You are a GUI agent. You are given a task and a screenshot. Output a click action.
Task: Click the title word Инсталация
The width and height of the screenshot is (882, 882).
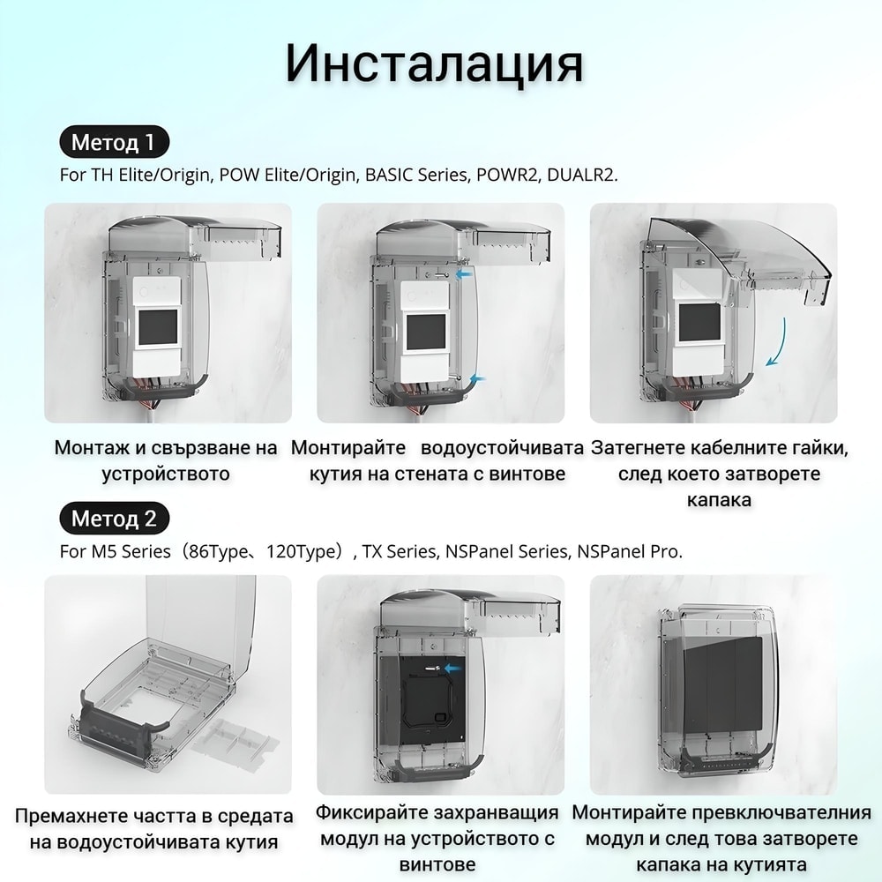pyautogui.click(x=434, y=63)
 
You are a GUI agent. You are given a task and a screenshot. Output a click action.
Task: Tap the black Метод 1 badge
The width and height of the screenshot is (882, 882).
pyautogui.click(x=114, y=142)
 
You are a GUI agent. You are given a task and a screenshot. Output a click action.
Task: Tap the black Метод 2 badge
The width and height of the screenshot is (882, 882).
pyautogui.click(x=114, y=518)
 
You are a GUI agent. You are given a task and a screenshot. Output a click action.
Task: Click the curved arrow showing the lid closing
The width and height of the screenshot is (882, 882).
pyautogui.click(x=777, y=342)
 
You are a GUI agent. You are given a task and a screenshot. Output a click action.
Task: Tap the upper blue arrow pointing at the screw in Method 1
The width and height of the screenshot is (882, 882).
pyautogui.click(x=464, y=274)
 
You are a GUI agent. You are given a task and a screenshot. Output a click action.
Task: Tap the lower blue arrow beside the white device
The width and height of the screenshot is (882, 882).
pyautogui.click(x=477, y=378)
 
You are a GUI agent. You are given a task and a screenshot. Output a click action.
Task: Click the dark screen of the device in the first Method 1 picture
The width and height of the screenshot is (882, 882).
pyautogui.click(x=158, y=327)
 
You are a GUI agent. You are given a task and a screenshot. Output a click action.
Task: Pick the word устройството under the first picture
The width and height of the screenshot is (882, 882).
pyautogui.click(x=166, y=474)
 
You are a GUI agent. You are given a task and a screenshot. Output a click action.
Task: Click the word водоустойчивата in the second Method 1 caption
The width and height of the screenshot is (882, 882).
pyautogui.click(x=502, y=448)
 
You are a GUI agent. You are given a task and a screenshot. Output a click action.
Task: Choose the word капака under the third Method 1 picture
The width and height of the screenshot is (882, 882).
pyautogui.click(x=719, y=499)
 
